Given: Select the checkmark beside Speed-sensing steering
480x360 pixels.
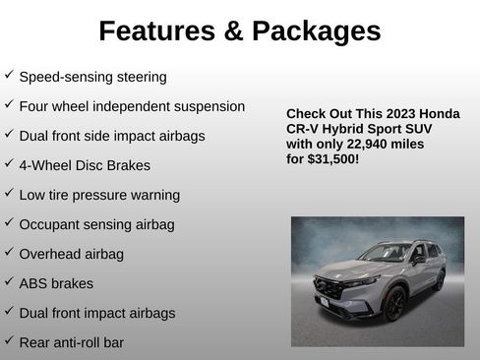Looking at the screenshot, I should click(x=9, y=75).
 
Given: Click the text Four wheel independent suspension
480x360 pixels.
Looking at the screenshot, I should click(x=132, y=106).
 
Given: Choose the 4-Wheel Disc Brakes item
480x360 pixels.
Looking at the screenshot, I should click(x=85, y=165).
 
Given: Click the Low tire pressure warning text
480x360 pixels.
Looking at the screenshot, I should click(x=99, y=195).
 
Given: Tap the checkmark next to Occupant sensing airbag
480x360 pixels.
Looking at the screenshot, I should click(x=9, y=223).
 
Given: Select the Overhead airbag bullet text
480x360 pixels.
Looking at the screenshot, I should click(x=71, y=254).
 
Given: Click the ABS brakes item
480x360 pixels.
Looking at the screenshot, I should click(x=56, y=283).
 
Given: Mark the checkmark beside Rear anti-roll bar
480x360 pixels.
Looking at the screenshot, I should click(x=9, y=341).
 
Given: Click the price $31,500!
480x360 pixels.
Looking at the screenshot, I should click(x=333, y=157).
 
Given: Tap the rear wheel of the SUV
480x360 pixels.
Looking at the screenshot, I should click(x=439, y=280).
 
